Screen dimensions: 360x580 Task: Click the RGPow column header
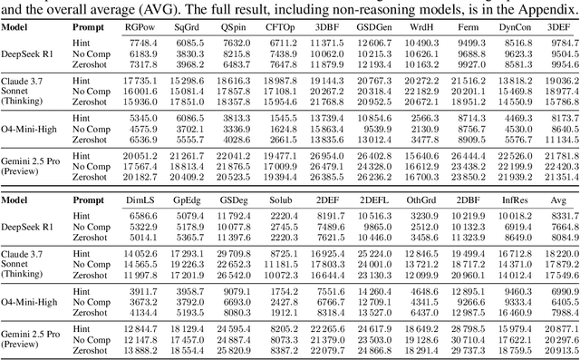coord(143,29)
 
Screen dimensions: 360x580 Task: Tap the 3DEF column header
coord(560,29)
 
